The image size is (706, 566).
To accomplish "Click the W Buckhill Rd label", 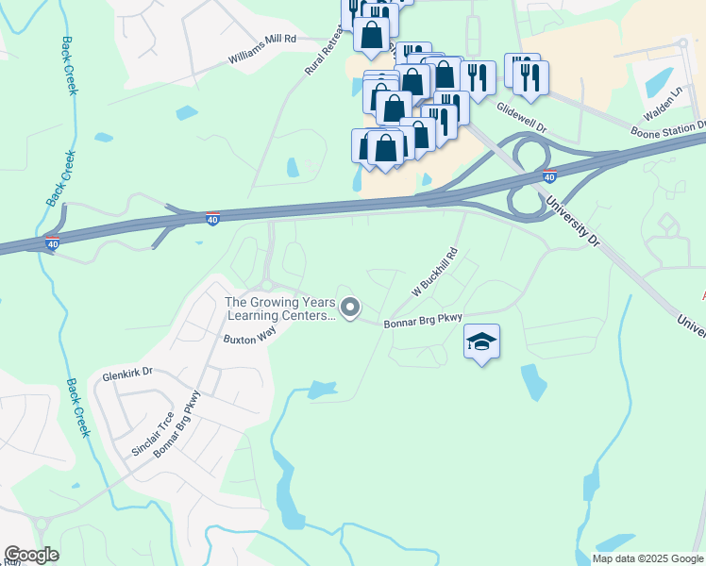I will pyautogui.click(x=433, y=273).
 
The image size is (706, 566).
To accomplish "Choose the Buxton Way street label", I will pyautogui.click(x=249, y=336).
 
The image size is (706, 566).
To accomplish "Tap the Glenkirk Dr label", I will pyautogui.click(x=126, y=375).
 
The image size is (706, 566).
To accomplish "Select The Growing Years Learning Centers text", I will pyautogui.click(x=279, y=309).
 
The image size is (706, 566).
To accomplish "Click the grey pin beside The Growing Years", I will pyautogui.click(x=350, y=308).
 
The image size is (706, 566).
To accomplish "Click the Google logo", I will pyautogui.click(x=31, y=555).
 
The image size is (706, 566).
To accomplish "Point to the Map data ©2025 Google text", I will pyautogui.click(x=647, y=558).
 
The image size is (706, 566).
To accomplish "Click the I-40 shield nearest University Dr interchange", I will pyautogui.click(x=549, y=175).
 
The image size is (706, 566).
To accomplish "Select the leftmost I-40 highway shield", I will pyautogui.click(x=52, y=243).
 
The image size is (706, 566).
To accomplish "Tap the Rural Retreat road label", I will pyautogui.click(x=322, y=57).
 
